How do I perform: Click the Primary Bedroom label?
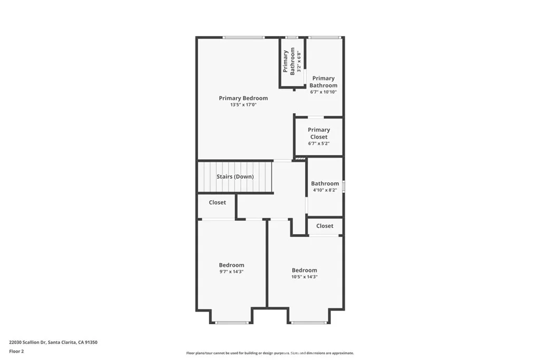coord(243,98)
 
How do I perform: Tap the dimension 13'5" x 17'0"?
coord(243,105)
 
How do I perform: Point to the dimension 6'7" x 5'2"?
coord(319,143)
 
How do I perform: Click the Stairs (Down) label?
coord(235,177)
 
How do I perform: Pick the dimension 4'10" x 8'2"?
coord(325,190)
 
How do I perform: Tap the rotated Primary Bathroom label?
coord(288,61)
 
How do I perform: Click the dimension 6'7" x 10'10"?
coord(323,92)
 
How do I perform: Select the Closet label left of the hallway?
coord(217,202)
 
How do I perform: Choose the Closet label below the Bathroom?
coord(324,226)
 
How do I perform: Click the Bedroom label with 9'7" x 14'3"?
coord(232,265)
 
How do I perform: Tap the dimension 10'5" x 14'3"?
coord(304,277)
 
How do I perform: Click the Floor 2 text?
coord(17,351)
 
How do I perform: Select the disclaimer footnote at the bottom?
coord(269,353)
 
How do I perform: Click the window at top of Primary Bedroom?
coord(243,37)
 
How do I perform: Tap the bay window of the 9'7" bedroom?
coord(232,322)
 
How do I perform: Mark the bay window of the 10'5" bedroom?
coord(309,322)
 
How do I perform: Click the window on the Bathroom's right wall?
coord(343,186)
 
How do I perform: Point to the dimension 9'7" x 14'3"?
coord(232,272)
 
